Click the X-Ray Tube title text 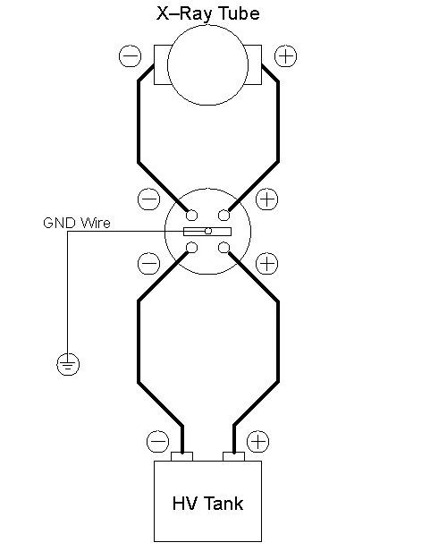coord(208,13)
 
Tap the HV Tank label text coord(207,504)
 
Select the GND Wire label coord(77,223)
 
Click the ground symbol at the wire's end coord(68,364)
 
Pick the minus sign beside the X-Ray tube coord(131,55)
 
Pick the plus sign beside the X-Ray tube coord(285,55)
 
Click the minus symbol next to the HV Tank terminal coord(157,441)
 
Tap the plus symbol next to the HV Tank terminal coord(258,441)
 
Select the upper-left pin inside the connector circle coord(191,215)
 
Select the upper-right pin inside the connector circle coord(224,215)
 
